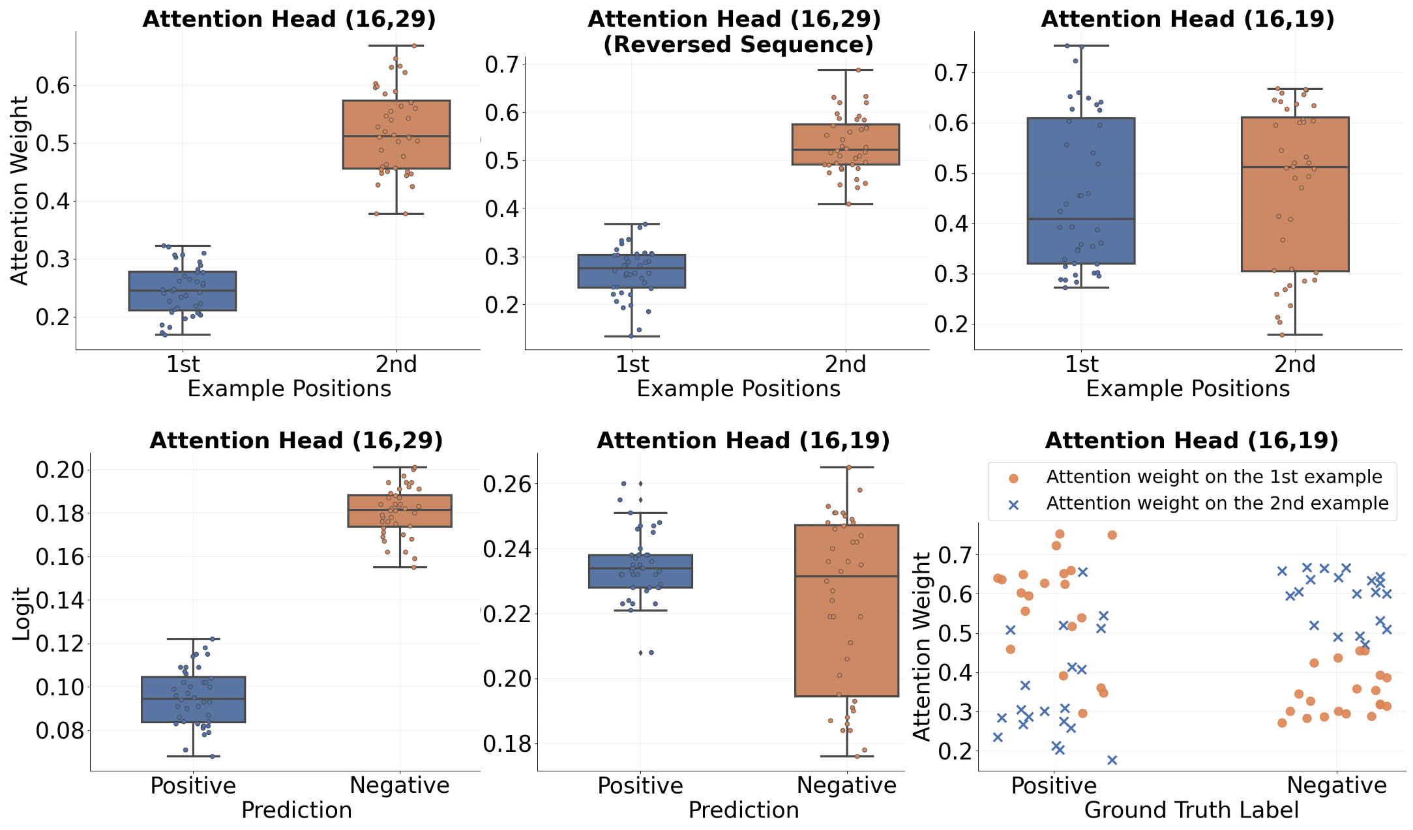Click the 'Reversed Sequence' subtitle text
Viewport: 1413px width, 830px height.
coord(738,45)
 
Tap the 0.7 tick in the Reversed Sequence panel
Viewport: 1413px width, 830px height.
coord(501,64)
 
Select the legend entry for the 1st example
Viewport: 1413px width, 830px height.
coord(1213,477)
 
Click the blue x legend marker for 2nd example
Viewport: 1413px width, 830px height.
coord(1013,505)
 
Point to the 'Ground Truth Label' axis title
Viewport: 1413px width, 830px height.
coord(1191,810)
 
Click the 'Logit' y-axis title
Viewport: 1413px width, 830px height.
coord(22,613)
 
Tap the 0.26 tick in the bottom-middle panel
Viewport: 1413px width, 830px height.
coord(507,484)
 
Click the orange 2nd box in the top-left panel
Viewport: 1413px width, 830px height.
coord(396,134)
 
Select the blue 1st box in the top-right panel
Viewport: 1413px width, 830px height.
coord(1081,190)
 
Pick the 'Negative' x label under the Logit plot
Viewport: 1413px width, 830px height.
coord(399,785)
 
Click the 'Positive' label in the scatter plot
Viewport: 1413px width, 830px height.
coord(1054,785)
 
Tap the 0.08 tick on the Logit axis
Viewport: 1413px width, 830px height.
coord(60,731)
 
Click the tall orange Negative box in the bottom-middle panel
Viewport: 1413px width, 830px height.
coord(846,610)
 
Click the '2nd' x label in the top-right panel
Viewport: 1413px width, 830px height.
coord(1295,364)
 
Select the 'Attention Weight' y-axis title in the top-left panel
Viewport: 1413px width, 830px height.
coord(20,190)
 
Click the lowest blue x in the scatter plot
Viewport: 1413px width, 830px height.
coord(1112,760)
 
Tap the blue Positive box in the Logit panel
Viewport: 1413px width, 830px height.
coord(194,699)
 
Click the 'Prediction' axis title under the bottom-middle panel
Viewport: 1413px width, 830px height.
coord(743,810)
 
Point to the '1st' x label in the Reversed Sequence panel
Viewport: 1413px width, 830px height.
coord(632,364)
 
